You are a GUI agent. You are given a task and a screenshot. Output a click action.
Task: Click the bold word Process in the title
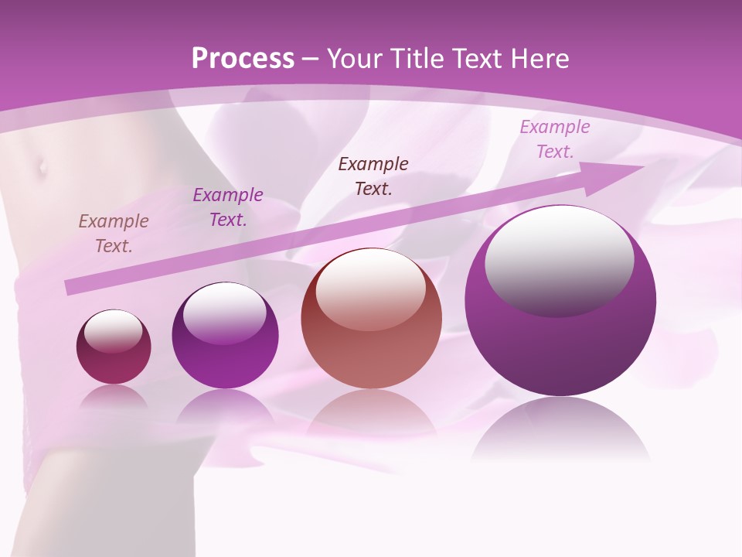pos(243,59)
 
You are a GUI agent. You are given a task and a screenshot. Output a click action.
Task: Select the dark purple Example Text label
pos(228,207)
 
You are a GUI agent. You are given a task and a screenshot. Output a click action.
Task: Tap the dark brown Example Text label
pos(373,176)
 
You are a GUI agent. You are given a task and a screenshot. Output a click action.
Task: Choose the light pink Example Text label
pos(554,139)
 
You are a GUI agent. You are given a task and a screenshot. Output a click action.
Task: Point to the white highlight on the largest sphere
pos(559,260)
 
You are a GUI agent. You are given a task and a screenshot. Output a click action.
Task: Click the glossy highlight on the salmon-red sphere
pos(370,291)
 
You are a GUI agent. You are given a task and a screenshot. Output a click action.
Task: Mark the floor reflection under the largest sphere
pos(560,429)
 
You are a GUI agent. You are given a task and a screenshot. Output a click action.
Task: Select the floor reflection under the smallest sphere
pos(114,395)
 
